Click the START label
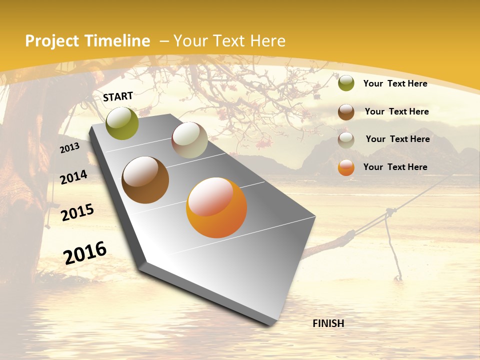point(118,96)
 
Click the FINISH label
point(328,323)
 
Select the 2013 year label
point(70,148)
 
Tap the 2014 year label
point(73,177)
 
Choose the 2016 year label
point(85,252)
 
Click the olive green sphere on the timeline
point(122,123)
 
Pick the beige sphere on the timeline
point(189,140)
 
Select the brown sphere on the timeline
point(145,180)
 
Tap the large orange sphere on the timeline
point(216,207)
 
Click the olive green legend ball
point(346,83)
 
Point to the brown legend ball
point(346,112)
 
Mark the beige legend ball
point(346,140)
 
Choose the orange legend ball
point(346,167)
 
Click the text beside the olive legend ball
point(395,83)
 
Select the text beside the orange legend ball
point(395,167)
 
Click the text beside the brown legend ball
point(396,111)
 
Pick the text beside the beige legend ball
point(397,139)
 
